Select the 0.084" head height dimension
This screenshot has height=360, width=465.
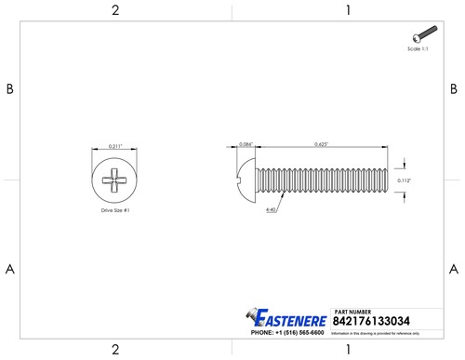coord(246,144)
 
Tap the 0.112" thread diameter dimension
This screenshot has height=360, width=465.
coord(404,180)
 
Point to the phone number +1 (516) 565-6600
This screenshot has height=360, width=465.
coord(286,332)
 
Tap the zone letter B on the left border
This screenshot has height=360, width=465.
coord(10,89)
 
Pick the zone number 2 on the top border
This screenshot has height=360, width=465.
coord(114,10)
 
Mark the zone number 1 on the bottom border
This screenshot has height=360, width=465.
coord(347,350)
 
